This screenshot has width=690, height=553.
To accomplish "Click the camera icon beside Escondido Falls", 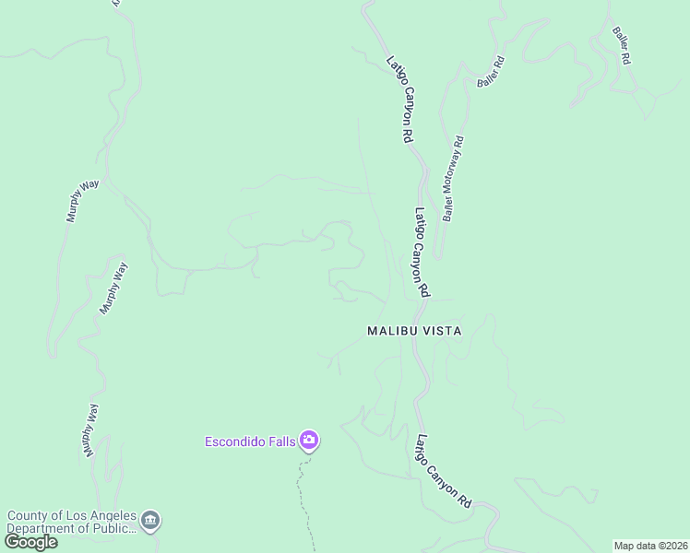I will tap(309, 441).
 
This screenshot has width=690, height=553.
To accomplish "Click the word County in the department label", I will tap(26, 515).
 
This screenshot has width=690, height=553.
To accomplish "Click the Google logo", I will tap(30, 542).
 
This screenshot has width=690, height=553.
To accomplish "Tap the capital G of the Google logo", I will tap(12, 542).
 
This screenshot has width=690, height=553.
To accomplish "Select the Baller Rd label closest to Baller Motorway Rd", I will tap(491, 73).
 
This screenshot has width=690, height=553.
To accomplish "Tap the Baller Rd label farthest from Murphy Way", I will tap(620, 44).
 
